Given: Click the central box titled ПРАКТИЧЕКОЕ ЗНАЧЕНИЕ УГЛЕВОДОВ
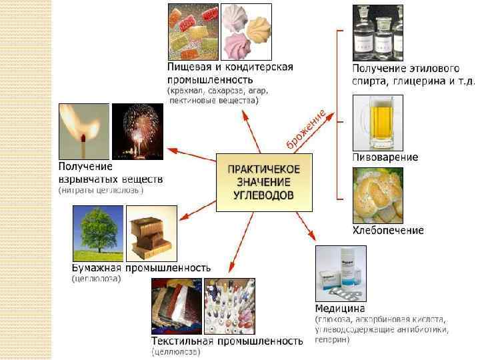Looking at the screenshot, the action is coord(265,182).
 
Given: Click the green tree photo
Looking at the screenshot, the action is coord(98,233).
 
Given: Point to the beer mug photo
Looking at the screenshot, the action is coord(377,121).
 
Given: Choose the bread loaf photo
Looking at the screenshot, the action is coord(377,195).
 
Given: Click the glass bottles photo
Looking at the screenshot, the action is coord(377,32).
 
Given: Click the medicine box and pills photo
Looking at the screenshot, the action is coord(341,273).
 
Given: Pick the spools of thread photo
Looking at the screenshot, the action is coord(229,306).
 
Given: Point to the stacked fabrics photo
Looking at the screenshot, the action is coord(176,306).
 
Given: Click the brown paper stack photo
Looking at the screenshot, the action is coord(151,233).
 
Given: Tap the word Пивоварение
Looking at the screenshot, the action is coord(385,157).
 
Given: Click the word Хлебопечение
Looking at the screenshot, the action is coord(388,231).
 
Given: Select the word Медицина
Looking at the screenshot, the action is coord(340,309).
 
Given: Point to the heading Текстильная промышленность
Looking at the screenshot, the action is coord(227,341).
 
